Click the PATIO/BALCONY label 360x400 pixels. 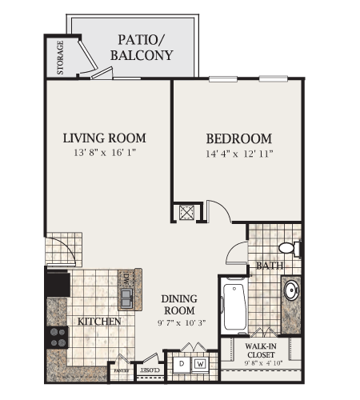click(x=145, y=47)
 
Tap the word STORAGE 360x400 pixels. click(x=61, y=58)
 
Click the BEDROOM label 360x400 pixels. click(x=238, y=138)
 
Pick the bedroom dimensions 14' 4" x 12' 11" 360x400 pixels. click(x=238, y=153)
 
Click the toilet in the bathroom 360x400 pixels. click(x=289, y=248)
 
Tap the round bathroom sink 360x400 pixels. click(x=291, y=290)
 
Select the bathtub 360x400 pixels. click(x=235, y=305)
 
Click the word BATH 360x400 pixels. click(x=269, y=266)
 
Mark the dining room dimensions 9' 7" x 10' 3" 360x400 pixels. click(x=179, y=323)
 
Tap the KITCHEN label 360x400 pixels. click(x=99, y=322)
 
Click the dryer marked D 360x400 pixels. click(x=181, y=364)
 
